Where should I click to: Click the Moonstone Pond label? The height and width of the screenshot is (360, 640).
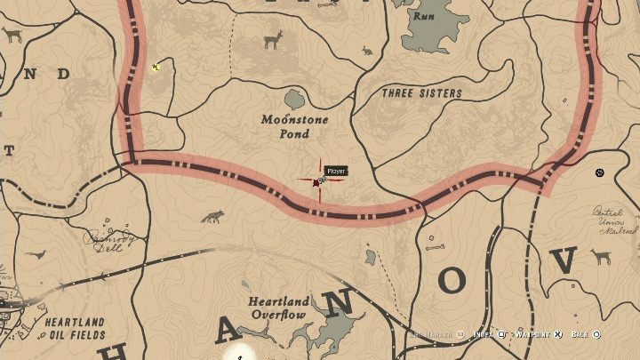295,126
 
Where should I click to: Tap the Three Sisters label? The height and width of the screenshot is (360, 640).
421,93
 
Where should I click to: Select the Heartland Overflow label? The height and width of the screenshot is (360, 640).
277,308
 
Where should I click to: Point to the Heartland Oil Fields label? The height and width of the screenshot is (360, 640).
63,328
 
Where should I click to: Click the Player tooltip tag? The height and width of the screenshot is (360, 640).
336,171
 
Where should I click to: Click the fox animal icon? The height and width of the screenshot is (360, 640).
212,217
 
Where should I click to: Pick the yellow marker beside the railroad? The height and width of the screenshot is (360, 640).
156,66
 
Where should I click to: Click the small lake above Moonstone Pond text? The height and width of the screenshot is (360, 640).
296,98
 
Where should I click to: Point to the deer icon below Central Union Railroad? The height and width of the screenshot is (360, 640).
601,258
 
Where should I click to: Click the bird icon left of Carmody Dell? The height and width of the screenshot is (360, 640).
35,254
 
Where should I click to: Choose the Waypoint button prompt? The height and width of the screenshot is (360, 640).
533,335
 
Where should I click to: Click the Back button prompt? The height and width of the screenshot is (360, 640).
585,335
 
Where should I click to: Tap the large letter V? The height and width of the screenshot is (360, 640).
565,263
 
